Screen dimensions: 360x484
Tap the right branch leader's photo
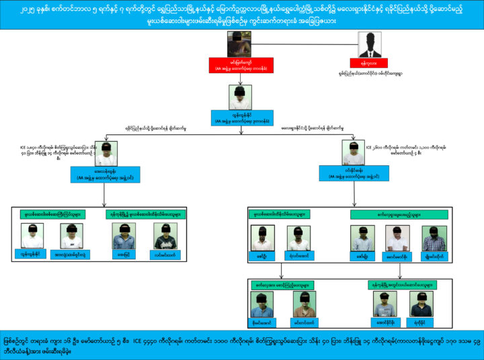coord(354,152)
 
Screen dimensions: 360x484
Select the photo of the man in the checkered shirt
coord(434,238)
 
